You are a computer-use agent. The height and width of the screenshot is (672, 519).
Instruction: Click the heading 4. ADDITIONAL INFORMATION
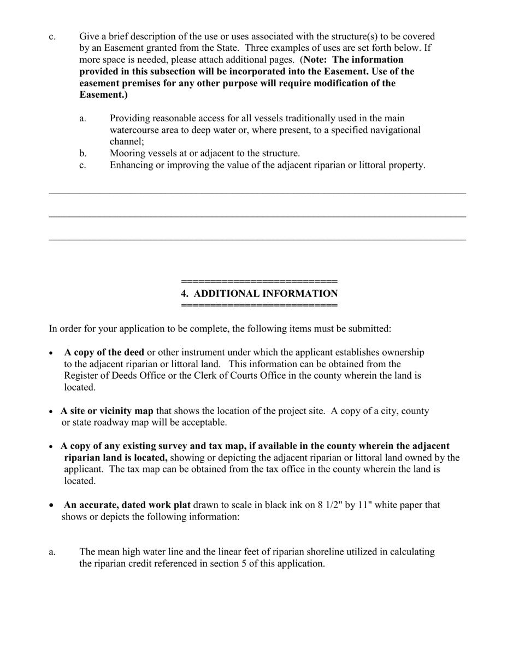click(259, 294)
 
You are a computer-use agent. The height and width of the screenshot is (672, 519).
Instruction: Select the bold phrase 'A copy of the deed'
click(104, 352)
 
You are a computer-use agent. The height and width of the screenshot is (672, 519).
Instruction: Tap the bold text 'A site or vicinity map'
click(107, 411)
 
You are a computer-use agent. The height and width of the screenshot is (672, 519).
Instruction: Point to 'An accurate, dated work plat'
click(127, 505)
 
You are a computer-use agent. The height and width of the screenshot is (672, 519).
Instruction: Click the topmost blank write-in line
click(257, 193)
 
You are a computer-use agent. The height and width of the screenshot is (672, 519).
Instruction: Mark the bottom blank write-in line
click(257, 240)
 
